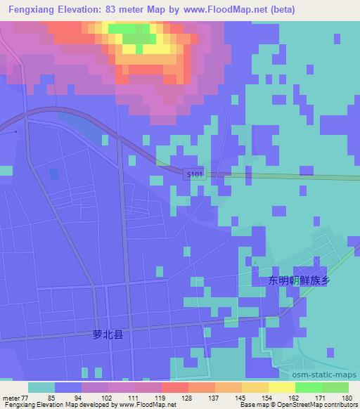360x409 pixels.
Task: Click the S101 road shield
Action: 195,174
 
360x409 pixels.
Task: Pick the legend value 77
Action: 23,397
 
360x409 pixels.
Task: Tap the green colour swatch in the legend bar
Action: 308,387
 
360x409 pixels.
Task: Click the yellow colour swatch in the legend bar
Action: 281,387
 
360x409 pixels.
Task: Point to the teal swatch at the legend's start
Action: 41,387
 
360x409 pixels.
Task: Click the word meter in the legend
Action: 10,397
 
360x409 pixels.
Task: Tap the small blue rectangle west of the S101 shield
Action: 55,173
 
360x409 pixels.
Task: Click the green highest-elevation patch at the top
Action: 130,32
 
